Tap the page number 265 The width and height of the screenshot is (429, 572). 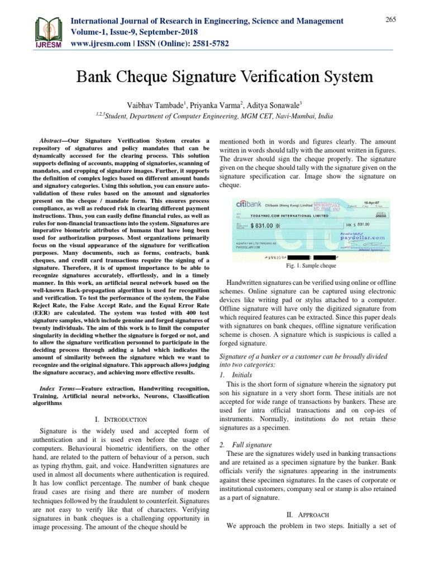coord(390,20)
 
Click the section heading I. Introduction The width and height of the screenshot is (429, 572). coord(121,418)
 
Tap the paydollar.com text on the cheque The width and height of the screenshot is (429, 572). coord(363,237)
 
